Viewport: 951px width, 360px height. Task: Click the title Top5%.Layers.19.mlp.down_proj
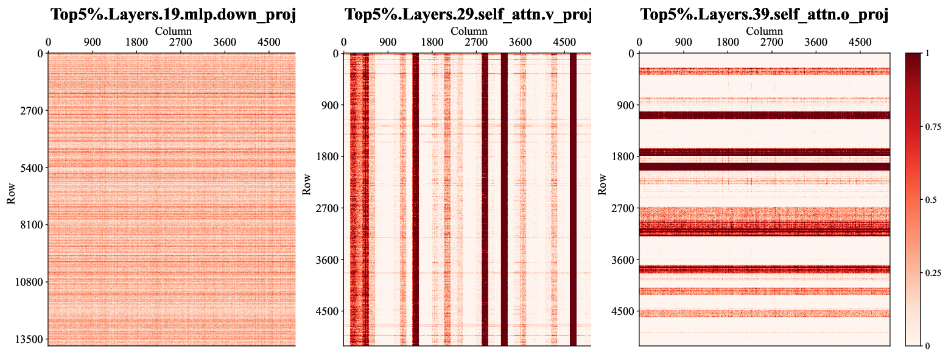(x=174, y=15)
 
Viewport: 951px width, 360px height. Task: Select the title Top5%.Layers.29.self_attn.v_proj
(x=468, y=15)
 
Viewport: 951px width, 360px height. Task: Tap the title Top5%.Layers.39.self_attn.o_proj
(x=764, y=15)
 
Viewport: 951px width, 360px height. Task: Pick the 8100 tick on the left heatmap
(x=32, y=225)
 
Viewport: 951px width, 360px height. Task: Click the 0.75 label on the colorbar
(x=933, y=127)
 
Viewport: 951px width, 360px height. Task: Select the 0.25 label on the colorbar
(x=933, y=273)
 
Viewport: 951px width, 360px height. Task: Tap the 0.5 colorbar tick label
(x=931, y=200)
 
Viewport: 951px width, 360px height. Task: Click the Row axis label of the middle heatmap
(x=306, y=185)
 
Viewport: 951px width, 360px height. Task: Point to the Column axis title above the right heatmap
(x=764, y=31)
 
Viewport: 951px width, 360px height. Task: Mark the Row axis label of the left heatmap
(x=10, y=194)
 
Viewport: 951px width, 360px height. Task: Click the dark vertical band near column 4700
(x=573, y=200)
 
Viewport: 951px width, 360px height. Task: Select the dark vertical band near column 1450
(x=416, y=200)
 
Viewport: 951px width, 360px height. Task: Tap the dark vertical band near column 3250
(x=504, y=200)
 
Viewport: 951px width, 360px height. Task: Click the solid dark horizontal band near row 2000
(x=764, y=166)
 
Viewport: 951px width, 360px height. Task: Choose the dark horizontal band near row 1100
(x=764, y=116)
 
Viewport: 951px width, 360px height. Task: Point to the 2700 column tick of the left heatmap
(x=181, y=42)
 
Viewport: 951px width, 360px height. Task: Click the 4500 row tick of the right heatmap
(x=623, y=311)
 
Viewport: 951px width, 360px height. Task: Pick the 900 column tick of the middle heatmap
(x=388, y=42)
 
